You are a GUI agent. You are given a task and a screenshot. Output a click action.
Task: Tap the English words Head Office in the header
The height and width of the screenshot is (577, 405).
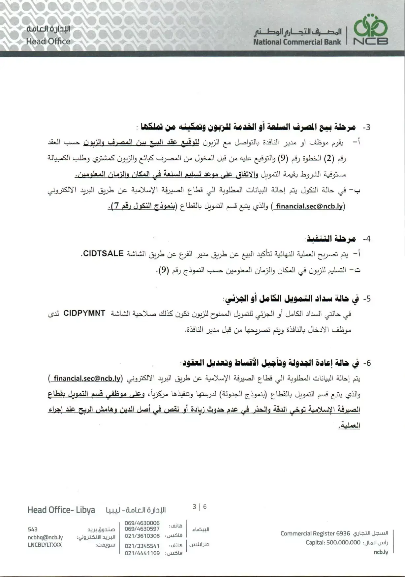coord(48,42)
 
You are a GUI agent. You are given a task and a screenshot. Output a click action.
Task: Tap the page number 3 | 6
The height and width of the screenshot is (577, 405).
coord(200,506)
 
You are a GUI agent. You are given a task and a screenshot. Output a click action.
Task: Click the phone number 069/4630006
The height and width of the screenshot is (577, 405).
coord(142,523)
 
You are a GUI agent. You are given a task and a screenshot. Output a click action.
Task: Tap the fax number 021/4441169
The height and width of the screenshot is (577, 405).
coord(142,553)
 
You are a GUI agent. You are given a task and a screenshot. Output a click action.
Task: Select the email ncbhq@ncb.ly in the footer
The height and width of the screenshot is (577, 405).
coord(45,537)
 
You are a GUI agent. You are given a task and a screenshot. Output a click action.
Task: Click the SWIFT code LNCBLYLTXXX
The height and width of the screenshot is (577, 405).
coord(45,545)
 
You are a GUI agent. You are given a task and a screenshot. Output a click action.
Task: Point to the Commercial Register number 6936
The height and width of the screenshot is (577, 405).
coord(343,533)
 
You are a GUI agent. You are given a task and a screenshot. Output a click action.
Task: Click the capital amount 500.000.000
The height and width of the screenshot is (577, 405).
coord(343,542)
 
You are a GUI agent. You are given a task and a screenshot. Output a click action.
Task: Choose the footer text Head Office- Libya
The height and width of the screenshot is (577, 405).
coord(61,510)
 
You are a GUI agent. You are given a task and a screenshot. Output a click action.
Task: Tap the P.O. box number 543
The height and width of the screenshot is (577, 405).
coord(33,529)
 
